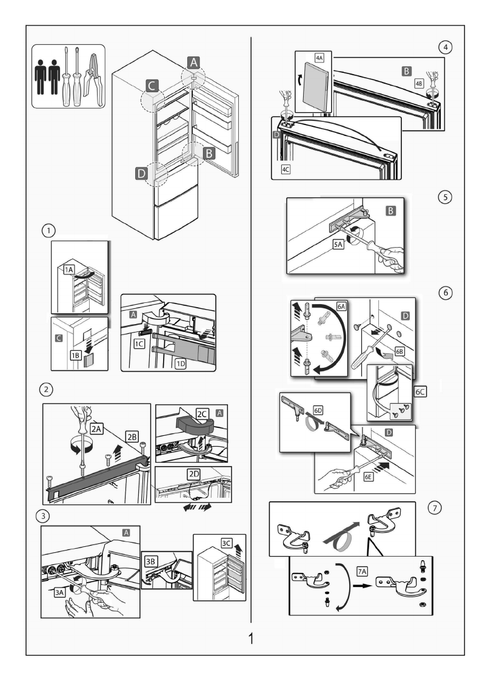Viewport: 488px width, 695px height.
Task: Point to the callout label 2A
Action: coord(96,429)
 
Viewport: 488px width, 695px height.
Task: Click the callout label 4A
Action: coord(319,59)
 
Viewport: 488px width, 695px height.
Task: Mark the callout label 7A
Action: coord(362,571)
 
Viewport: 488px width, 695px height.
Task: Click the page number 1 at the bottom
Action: coord(251,639)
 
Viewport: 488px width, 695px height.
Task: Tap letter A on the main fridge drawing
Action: coord(192,62)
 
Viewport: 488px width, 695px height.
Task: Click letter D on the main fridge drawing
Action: coord(141,174)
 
